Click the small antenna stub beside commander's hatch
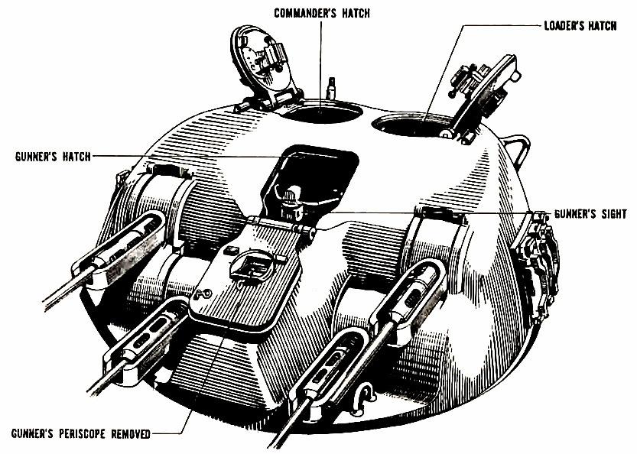331,87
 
